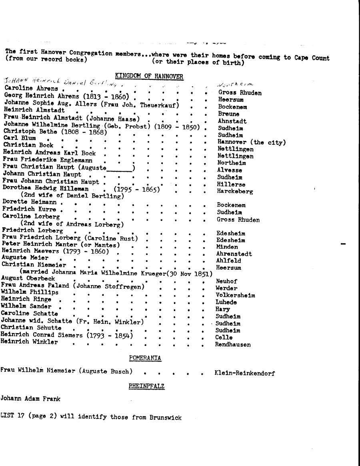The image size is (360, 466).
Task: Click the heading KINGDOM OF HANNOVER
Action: pos(149,76)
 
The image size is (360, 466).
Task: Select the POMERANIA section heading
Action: pos(145,358)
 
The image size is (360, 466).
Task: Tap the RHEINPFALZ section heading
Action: pos(146,386)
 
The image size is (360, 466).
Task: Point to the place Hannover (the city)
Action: pos(252,142)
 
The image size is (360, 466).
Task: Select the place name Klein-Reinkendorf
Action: pos(244,373)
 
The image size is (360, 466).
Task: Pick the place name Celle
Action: pos(224,337)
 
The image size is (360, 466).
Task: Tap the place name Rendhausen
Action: pos(233,345)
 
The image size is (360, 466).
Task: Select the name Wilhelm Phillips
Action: pos(30,292)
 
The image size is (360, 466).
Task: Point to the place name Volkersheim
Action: pos(235,295)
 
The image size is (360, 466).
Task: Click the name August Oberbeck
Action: pos(28,278)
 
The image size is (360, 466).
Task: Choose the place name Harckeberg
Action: pos(235,192)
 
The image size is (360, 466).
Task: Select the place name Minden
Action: pos(227,247)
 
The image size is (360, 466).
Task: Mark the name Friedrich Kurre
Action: pos(29,209)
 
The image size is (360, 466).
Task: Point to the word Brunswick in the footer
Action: pos(166,417)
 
